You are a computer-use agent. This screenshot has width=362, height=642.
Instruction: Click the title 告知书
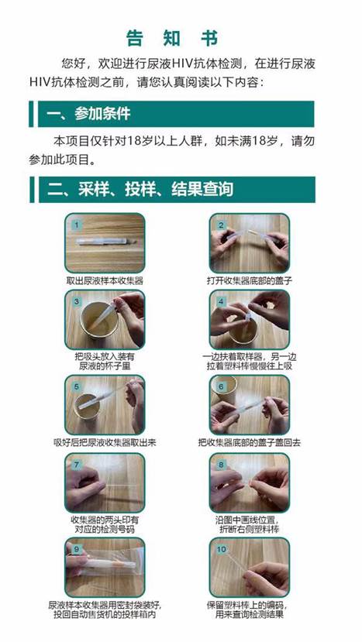(x=172, y=39)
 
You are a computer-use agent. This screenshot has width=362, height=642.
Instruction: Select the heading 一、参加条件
(x=88, y=114)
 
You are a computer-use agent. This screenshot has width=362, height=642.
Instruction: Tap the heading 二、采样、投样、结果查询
(x=140, y=189)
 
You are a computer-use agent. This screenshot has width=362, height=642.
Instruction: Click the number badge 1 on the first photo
(x=76, y=225)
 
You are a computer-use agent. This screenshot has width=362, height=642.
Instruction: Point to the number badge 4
(x=221, y=302)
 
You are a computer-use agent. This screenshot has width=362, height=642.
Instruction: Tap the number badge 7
(x=76, y=465)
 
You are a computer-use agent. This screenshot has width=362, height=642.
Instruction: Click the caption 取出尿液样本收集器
(x=105, y=281)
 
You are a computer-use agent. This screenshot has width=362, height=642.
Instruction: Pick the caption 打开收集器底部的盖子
(x=250, y=281)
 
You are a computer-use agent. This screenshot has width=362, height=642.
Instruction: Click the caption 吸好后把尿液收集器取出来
(x=105, y=443)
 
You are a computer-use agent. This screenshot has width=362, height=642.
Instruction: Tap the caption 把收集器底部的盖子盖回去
(x=250, y=443)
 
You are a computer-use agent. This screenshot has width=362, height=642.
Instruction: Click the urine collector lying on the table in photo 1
(x=105, y=241)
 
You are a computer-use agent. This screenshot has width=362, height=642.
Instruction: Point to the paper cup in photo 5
(x=87, y=407)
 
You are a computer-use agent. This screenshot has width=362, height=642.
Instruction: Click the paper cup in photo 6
(x=225, y=386)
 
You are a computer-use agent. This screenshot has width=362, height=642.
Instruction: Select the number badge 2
(x=221, y=225)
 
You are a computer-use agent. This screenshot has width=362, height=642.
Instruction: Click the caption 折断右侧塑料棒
(x=250, y=529)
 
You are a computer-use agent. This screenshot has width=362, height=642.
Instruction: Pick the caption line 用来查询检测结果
(x=250, y=615)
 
